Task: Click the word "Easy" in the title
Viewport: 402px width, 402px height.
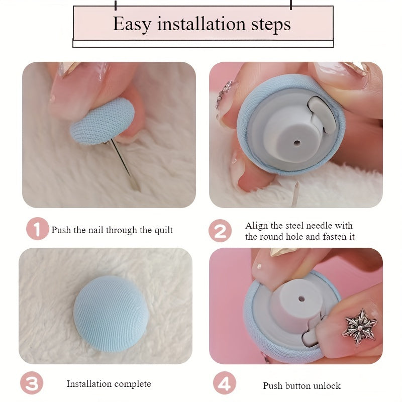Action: pos(132,24)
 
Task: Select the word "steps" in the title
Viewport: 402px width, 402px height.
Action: pos(271,25)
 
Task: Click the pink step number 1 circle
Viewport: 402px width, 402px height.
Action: pos(37,229)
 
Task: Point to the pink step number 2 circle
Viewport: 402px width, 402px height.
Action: pos(220,231)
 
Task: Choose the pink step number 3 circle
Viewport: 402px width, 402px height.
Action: pos(32,383)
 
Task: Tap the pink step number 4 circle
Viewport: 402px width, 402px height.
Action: pos(225,383)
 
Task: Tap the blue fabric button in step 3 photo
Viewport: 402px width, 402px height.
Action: pos(111,314)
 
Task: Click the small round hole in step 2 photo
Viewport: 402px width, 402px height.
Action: pos(297,143)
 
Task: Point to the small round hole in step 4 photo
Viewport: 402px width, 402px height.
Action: pos(301,299)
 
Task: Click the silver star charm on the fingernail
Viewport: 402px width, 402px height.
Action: pos(359,328)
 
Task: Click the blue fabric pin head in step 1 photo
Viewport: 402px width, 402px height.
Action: pos(103,121)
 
